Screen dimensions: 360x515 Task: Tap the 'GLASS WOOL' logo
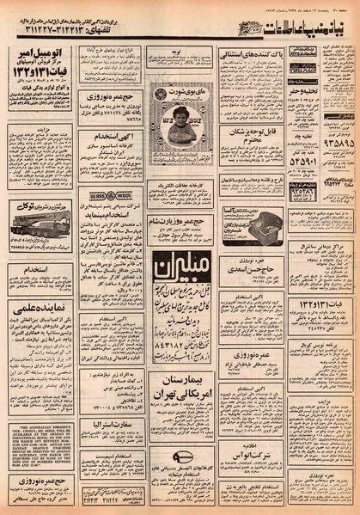(x=103, y=196)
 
